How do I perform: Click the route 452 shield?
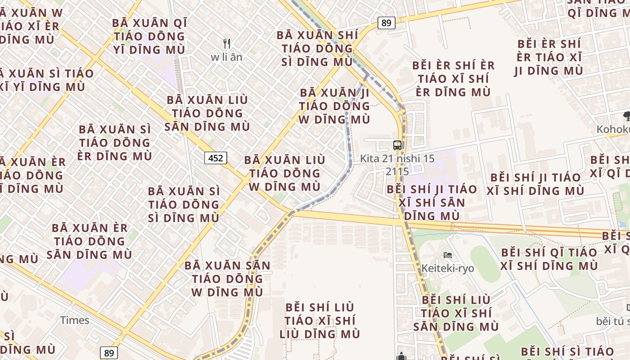point(216,158)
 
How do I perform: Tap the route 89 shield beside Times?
point(109,353)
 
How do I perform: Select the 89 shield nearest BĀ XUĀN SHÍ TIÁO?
point(386,23)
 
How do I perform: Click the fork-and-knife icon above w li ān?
point(227,44)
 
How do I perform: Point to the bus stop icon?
point(397,145)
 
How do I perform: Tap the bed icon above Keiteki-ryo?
point(447,255)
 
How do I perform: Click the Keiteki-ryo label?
point(447,269)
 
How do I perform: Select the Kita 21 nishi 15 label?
point(397,159)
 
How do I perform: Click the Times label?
point(75,320)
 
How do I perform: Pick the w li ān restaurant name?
point(226,57)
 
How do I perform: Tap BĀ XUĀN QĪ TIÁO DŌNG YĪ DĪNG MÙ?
point(149,36)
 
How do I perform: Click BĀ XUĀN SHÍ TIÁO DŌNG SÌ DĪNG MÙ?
point(317,48)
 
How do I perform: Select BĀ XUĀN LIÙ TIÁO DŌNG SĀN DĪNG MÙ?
point(205,113)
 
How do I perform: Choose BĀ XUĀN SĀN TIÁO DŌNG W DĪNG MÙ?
point(227,279)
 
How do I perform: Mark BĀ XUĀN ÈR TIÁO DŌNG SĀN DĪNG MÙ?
point(90,241)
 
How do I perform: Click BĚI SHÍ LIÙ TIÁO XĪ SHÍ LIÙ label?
point(320,320)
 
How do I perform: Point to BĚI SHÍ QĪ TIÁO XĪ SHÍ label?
point(549,259)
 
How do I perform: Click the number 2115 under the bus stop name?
point(397,172)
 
